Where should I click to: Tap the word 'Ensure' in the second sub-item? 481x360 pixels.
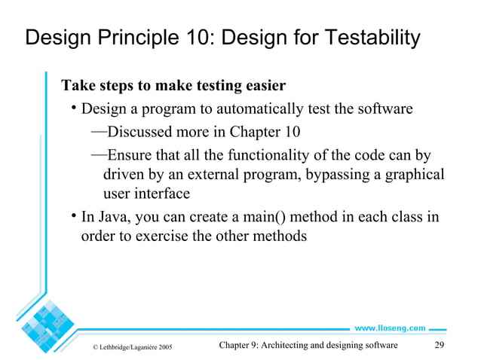pyautogui.click(x=130, y=156)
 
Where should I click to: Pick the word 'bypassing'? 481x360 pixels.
pyautogui.click(x=337, y=175)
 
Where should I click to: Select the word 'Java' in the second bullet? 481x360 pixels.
pyautogui.click(x=112, y=218)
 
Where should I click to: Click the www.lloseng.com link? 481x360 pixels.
pyautogui.click(x=390, y=328)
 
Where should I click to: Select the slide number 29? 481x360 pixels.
pyautogui.click(x=443, y=346)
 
